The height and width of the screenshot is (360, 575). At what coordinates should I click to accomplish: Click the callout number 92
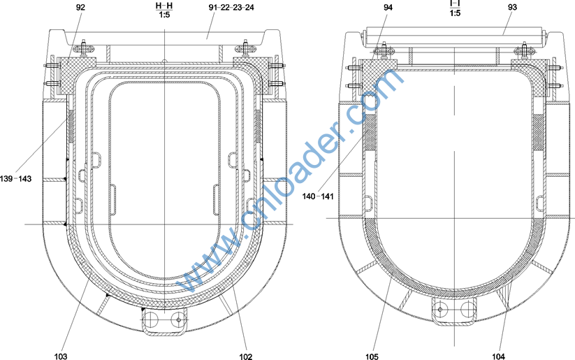coord(80,7)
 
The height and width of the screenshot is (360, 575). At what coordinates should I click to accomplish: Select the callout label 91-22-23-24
coord(231,7)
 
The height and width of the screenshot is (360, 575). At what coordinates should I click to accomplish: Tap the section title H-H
coord(164,6)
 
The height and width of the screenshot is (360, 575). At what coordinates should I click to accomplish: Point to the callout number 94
coord(388,7)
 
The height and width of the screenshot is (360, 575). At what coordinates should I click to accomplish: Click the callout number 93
coord(512,7)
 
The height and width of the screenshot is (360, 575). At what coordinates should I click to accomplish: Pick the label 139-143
coord(16,179)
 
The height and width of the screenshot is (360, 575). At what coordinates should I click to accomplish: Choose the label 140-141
coord(318,196)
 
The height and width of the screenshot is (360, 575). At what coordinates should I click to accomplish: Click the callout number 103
coord(61,356)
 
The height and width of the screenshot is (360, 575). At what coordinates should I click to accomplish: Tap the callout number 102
coord(246,356)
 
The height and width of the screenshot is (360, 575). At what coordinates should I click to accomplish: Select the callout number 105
coord(372,356)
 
